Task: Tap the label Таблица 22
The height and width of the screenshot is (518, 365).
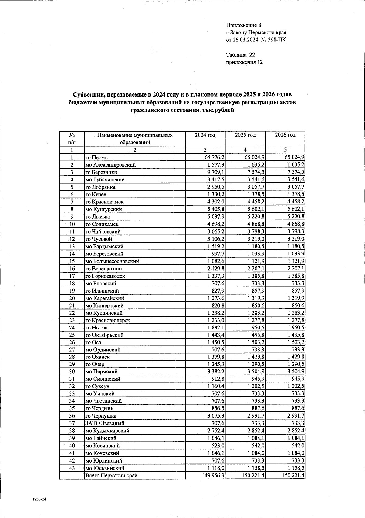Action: (x=240, y=55)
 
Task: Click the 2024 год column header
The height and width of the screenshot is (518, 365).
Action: (x=205, y=135)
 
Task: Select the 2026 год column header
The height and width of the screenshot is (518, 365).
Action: (x=285, y=135)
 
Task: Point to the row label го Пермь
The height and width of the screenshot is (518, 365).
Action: (x=96, y=157)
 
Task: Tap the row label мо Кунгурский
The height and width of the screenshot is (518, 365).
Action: (x=104, y=209)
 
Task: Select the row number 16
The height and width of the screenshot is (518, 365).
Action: (x=72, y=269)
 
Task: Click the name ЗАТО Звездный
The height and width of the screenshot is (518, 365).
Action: (x=105, y=423)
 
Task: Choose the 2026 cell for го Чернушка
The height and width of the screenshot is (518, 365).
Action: (x=294, y=416)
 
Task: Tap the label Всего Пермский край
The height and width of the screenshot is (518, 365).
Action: (x=111, y=475)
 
